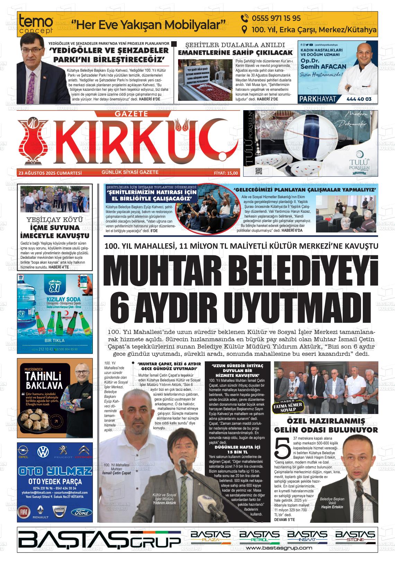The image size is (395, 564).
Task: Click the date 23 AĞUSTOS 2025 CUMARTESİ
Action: (x=50, y=173)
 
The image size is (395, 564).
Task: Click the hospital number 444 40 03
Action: (x=359, y=99)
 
